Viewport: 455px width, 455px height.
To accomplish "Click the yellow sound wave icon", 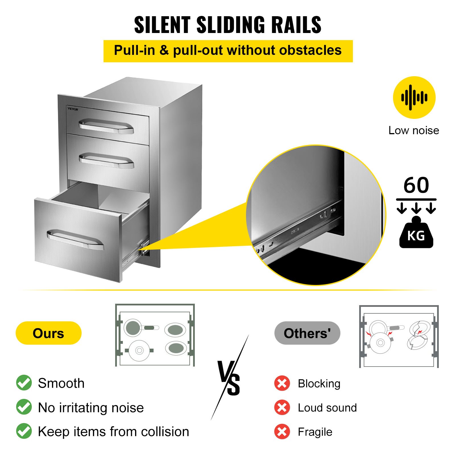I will tap(414, 98).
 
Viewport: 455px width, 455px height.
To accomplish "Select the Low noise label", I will tap(414, 130).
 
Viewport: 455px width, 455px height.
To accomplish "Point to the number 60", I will tap(416, 185).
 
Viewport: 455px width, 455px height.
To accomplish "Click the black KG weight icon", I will tap(416, 234).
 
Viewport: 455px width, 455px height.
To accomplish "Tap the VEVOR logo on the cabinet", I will tap(73, 109).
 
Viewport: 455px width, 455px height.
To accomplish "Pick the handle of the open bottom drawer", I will tap(75, 239).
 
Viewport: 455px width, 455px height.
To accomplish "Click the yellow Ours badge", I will tap(49, 333).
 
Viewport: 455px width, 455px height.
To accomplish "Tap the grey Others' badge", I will tap(307, 333).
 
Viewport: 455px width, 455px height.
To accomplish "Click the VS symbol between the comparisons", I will tap(229, 378).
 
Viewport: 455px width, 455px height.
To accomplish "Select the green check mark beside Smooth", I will tap(24, 383).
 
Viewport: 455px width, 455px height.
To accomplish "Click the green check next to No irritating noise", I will tap(24, 407).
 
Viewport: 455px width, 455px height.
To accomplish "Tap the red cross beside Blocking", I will tap(282, 383).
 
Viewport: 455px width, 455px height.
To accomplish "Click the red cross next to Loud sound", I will tap(282, 408).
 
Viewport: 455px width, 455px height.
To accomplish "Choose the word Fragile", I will tap(315, 432).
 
